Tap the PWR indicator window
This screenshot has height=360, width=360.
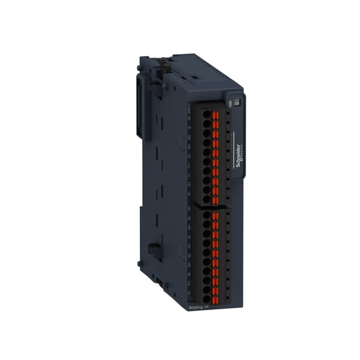[x=237, y=103]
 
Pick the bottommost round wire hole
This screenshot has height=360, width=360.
[x=207, y=289]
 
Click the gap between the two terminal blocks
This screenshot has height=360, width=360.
[x=211, y=205]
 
